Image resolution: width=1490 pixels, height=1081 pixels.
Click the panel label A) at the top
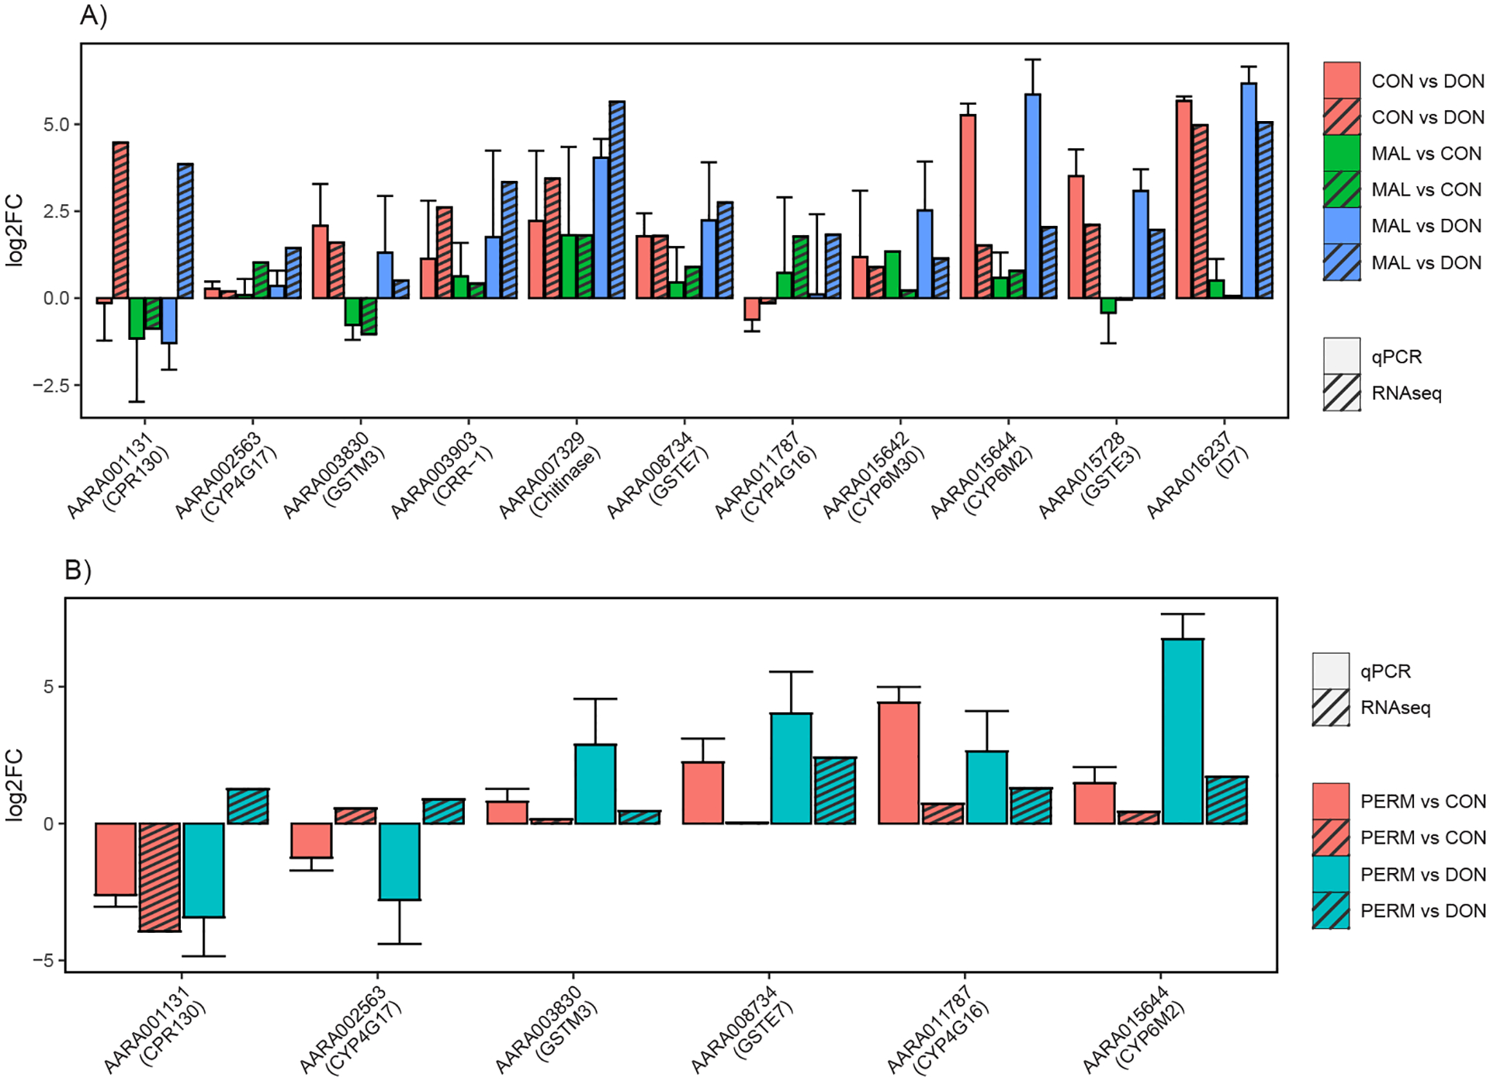(x=93, y=15)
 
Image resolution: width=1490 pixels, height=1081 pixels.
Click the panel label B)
(x=78, y=570)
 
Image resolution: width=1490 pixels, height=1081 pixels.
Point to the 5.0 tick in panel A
(x=56, y=124)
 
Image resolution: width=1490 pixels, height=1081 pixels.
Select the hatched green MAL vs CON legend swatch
(x=1342, y=189)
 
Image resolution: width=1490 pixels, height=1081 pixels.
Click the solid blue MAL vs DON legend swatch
(x=1342, y=226)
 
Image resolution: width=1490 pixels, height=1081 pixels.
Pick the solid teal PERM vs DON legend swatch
(x=1331, y=875)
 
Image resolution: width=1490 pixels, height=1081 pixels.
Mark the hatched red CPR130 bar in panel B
(x=160, y=877)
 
